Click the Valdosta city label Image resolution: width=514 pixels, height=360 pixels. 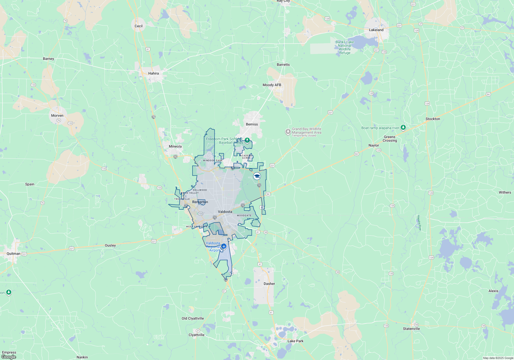point(225,212)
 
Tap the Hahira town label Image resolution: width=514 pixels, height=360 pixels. point(153,73)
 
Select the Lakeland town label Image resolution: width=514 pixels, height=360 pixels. point(376,30)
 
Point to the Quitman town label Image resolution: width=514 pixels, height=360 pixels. point(13,254)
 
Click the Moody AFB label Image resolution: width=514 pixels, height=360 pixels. point(272,85)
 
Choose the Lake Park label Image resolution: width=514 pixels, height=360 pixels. point(295,341)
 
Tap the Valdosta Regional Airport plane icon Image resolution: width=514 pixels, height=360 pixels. point(224,246)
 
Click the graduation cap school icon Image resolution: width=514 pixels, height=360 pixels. point(257,176)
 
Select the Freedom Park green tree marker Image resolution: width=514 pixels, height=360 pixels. point(247,140)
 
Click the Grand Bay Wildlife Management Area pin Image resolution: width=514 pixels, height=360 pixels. point(288,132)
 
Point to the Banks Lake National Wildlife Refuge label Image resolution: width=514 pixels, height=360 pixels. point(345,47)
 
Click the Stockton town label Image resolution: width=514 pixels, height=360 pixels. point(433,119)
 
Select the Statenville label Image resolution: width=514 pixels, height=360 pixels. point(411,329)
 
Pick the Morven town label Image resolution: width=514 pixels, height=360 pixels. point(57,115)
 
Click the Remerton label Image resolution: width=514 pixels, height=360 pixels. point(200,202)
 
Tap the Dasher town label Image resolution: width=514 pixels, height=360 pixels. point(269,284)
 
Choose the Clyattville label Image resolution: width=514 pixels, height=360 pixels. point(196,335)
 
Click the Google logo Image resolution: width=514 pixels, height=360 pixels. point(9,357)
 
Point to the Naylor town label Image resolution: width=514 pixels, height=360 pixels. point(374,145)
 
